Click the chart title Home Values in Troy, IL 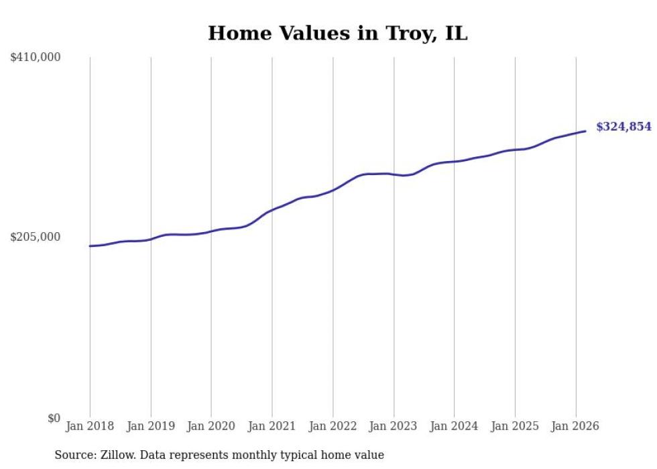[x=337, y=33]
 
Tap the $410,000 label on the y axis [x=36, y=58]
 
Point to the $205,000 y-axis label [x=36, y=237]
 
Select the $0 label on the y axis [x=54, y=418]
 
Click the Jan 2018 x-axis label [x=90, y=426]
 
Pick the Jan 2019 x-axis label [x=151, y=426]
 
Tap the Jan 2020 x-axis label [x=211, y=426]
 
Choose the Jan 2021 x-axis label [x=272, y=426]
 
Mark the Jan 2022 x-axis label [x=333, y=426]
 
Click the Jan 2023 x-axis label [x=394, y=426]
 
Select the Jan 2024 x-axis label [x=454, y=426]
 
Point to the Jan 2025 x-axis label [x=515, y=426]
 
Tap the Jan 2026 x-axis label [x=575, y=426]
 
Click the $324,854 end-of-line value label [x=623, y=127]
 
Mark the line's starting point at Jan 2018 [x=90, y=246]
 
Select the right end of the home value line [x=586, y=131]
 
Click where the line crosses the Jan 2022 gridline [x=333, y=191]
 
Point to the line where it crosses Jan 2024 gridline [x=454, y=162]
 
